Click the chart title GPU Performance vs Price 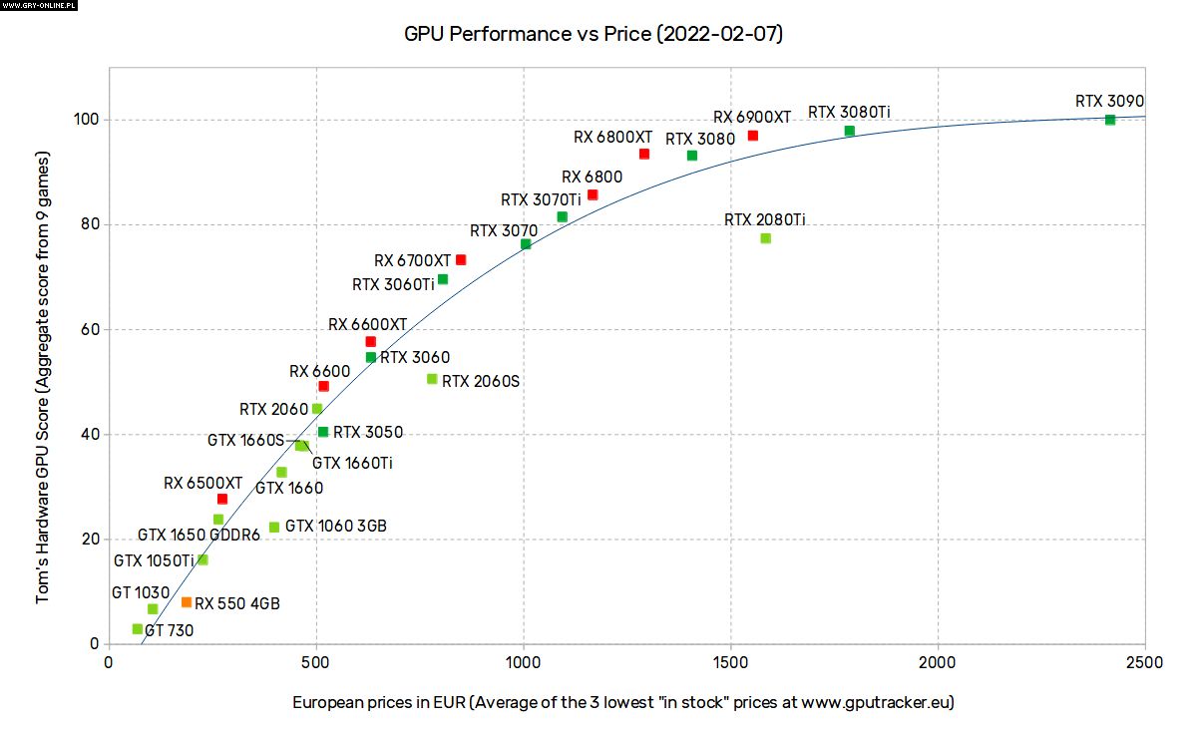593,34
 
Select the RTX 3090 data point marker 1110,120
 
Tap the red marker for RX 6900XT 753,136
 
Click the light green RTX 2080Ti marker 765,238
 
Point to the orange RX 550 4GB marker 187,602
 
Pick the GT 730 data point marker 138,629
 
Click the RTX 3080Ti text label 848,113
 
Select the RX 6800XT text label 612,137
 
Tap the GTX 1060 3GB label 335,526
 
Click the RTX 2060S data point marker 432,379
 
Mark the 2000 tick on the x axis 938,662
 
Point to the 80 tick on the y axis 88,224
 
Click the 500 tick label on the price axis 316,662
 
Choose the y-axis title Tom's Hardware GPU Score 42,378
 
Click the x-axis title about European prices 623,702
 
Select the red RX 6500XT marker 222,499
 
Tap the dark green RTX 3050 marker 323,432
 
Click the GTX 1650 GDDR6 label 199,536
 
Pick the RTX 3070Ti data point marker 563,217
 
